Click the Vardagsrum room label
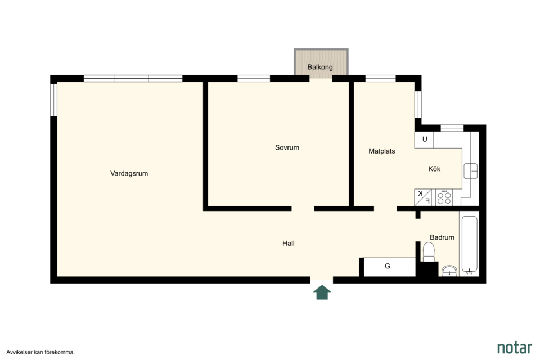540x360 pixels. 129,173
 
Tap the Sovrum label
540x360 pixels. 287,147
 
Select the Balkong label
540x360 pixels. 320,67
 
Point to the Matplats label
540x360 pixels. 381,151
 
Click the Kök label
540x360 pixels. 434,169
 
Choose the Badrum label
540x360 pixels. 442,237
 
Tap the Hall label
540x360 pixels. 288,243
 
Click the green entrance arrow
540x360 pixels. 322,292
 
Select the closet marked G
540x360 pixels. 389,267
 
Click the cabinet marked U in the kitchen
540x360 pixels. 424,139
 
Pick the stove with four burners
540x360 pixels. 444,198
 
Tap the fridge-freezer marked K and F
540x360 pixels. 423,198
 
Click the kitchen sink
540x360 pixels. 470,171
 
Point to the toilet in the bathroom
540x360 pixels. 429,252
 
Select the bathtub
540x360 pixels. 469,245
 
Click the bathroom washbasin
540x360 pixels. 449,271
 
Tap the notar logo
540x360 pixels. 515,348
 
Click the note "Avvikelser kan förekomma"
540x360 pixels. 40,352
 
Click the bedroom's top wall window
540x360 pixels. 254,79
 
